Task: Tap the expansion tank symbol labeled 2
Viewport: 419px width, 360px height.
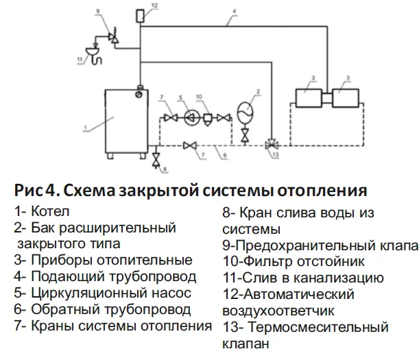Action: click(245, 110)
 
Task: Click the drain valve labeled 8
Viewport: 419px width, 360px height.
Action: click(156, 160)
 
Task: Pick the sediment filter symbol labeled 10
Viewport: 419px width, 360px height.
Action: click(208, 117)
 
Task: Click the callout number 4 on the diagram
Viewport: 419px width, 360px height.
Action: click(233, 12)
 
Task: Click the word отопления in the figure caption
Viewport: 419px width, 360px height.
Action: click(322, 189)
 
